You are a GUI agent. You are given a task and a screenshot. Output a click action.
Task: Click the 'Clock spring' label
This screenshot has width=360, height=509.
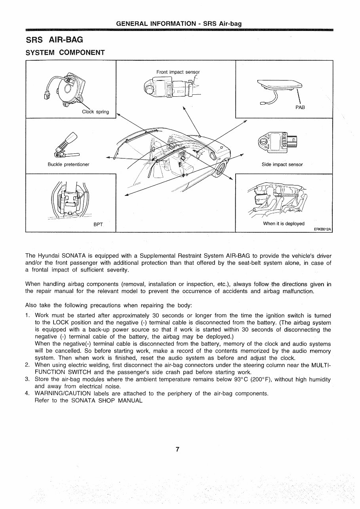pyautogui.click(x=95, y=112)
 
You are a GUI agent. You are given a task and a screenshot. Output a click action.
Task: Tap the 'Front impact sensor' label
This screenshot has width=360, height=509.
pyautogui.click(x=178, y=72)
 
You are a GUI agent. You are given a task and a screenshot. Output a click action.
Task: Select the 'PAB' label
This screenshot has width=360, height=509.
pyautogui.click(x=300, y=107)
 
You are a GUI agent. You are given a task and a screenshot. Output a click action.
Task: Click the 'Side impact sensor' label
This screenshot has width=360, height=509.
pyautogui.click(x=282, y=165)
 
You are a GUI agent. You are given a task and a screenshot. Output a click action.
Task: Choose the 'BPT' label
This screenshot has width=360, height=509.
pyautogui.click(x=98, y=225)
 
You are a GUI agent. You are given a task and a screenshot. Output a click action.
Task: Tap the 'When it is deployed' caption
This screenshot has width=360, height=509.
pyautogui.click(x=284, y=224)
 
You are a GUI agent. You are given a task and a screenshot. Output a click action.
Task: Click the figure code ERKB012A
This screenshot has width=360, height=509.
pyautogui.click(x=322, y=229)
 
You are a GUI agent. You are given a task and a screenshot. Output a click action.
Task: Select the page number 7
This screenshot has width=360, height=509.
pyautogui.click(x=178, y=450)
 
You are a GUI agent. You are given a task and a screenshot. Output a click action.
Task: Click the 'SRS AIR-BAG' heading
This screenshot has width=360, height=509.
pyautogui.click(x=54, y=40)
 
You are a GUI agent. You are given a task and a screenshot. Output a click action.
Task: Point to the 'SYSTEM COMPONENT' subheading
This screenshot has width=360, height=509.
pyautogui.click(x=65, y=53)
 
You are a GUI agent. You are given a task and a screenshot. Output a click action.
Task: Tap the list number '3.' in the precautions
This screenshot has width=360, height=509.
pyautogui.click(x=28, y=379)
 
